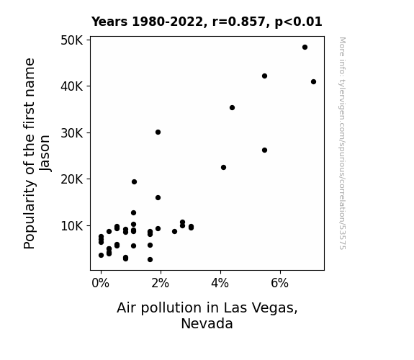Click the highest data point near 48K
[x=305, y=48]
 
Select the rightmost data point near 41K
[x=313, y=82]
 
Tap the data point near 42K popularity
[x=264, y=76]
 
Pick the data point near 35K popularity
[x=232, y=108]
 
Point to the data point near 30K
[x=158, y=132]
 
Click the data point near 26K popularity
[x=264, y=150]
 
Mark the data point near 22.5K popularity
[x=223, y=168]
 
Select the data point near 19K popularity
[x=134, y=181]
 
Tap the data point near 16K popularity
[x=158, y=197]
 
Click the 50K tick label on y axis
[x=72, y=40]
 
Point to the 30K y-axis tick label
[x=72, y=133]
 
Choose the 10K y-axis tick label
[x=72, y=226]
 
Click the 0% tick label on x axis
[x=100, y=283]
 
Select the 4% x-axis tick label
[x=220, y=283]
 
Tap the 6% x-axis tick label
[x=279, y=283]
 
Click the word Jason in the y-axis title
[x=45, y=153]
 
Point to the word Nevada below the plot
[x=207, y=323]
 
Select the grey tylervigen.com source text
[x=342, y=143]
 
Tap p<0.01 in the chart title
[x=298, y=22]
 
